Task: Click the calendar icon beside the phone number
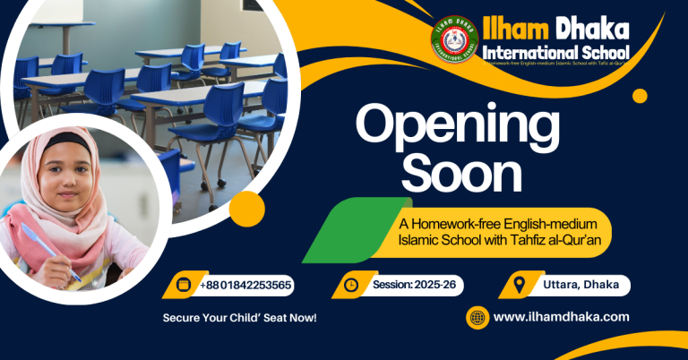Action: click(x=184, y=285)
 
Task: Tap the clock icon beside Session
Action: click(x=350, y=285)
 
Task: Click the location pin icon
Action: click(x=518, y=285)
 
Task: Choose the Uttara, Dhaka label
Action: click(x=581, y=285)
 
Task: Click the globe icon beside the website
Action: click(x=477, y=317)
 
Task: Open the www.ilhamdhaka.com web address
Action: click(x=561, y=317)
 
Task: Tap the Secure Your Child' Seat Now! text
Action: click(x=239, y=318)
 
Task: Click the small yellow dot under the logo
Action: click(x=640, y=95)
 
